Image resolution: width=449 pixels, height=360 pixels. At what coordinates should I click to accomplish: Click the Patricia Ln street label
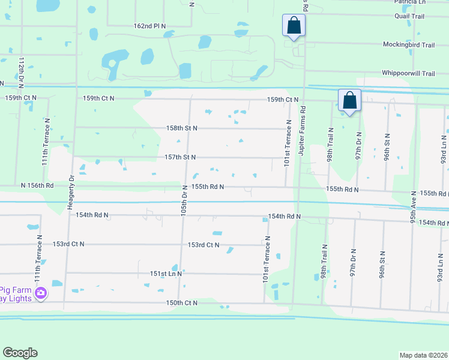click(x=409, y=2)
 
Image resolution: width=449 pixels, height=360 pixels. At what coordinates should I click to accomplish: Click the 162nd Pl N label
click(x=150, y=26)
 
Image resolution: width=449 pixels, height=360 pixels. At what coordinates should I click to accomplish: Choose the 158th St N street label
click(x=181, y=128)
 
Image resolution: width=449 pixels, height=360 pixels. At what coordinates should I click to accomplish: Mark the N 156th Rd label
click(x=37, y=186)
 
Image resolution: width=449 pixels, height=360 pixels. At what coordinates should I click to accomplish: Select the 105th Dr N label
click(x=185, y=202)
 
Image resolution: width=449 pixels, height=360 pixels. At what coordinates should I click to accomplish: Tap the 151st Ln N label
click(x=166, y=273)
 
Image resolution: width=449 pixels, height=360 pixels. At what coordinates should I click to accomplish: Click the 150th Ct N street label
click(x=182, y=303)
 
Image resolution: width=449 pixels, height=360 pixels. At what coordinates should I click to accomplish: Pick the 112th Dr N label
click(x=20, y=71)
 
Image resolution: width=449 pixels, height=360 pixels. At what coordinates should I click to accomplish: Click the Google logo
click(x=20, y=353)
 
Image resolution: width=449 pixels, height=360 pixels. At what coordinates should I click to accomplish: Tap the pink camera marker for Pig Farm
click(x=40, y=293)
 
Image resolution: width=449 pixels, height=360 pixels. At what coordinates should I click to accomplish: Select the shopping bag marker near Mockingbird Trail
click(x=294, y=26)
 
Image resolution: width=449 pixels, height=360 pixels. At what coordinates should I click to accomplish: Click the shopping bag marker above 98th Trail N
click(x=349, y=101)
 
